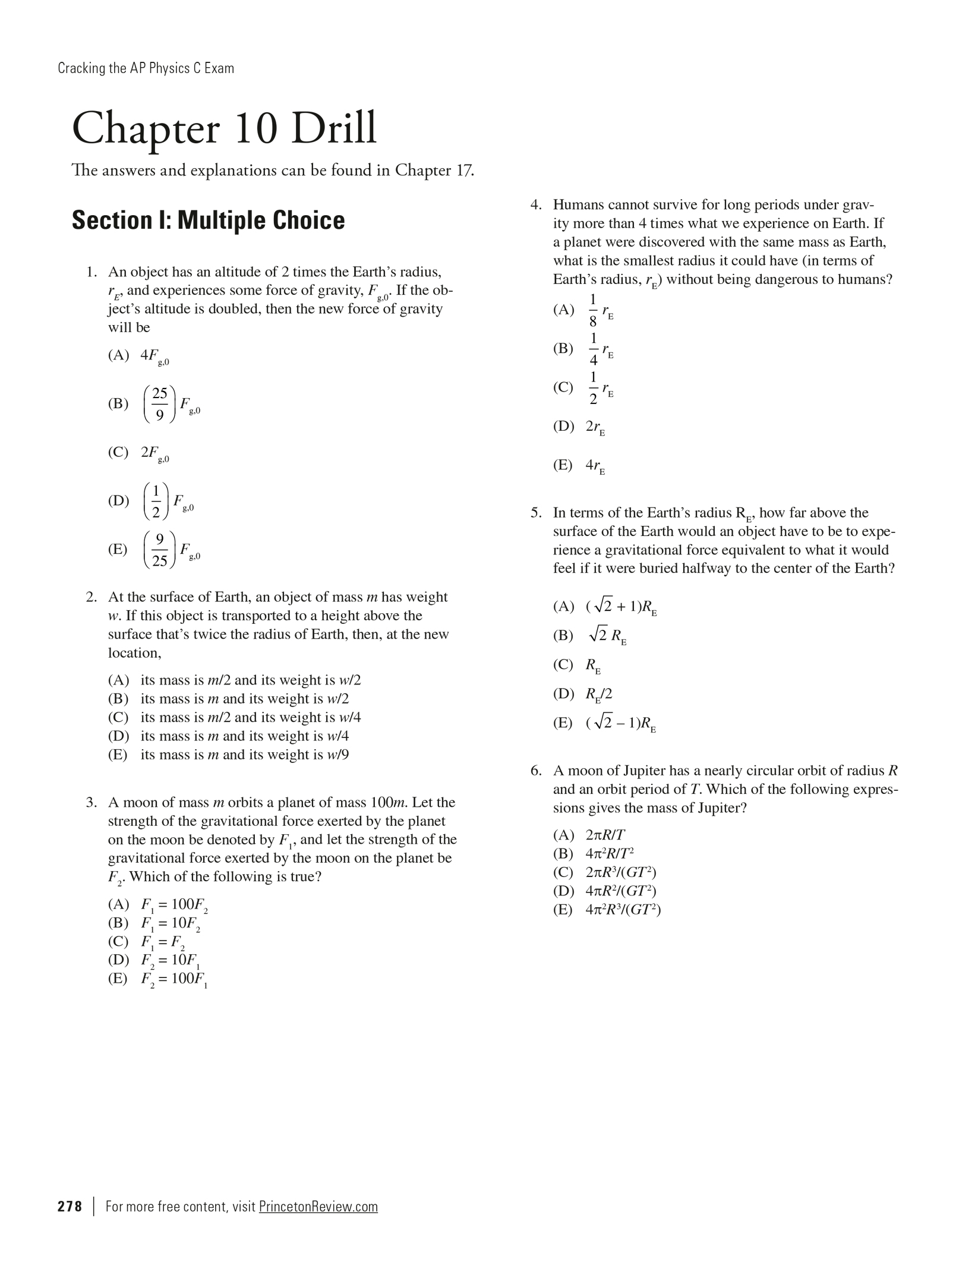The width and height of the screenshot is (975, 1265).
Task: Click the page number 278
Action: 70,1207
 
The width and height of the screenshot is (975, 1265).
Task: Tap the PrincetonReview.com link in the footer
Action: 318,1207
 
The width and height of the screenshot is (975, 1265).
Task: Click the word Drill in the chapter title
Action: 333,128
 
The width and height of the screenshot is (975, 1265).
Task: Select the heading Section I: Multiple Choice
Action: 208,220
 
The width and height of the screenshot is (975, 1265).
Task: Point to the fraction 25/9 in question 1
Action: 159,403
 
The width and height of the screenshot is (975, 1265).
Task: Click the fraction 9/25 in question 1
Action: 159,550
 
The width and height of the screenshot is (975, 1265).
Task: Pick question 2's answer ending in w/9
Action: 244,755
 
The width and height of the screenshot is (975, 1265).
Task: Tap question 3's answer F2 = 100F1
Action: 174,979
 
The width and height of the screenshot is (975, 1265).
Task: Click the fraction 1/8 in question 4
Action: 593,310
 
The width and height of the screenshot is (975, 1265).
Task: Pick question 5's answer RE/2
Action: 598,694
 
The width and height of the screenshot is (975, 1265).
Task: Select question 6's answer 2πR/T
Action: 605,835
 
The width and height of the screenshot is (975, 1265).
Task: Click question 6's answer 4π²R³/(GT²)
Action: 623,910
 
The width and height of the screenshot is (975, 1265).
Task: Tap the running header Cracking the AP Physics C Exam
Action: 146,68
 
